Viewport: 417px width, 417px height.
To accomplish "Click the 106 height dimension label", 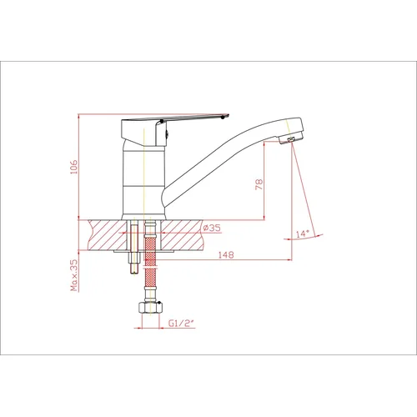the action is tap(74, 167).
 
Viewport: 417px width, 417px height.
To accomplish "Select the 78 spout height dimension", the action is tap(259, 184).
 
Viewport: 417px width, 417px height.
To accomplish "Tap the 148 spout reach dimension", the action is tap(226, 254).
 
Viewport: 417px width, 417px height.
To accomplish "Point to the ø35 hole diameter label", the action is tap(212, 228).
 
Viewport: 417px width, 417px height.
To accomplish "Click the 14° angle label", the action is tap(303, 234).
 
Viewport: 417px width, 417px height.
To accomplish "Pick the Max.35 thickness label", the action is tap(74, 275).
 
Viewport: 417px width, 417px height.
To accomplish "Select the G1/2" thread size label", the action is tap(181, 323).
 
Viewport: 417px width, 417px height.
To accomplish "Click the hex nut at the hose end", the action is tap(150, 308).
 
